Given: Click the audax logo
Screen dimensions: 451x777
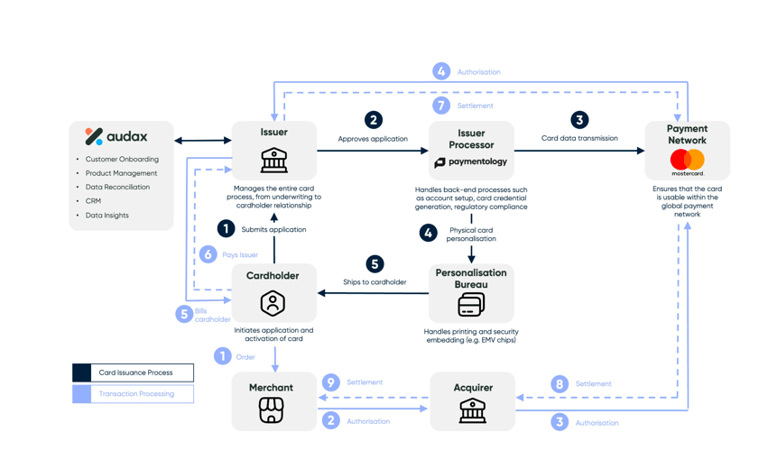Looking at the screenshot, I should [116, 137].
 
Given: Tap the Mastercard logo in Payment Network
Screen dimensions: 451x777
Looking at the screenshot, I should [687, 161].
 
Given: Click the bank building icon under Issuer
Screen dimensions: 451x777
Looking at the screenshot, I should [273, 160].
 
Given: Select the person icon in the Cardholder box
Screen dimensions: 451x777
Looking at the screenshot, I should [273, 303].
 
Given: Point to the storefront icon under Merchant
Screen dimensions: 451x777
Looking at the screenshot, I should [271, 410].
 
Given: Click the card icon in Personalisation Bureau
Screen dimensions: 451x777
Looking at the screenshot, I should [471, 306].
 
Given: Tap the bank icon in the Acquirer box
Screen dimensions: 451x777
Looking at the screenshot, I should [472, 410].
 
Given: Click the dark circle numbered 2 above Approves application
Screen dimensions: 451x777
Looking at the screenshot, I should [373, 120].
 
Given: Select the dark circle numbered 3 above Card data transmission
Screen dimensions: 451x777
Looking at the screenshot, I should [579, 120].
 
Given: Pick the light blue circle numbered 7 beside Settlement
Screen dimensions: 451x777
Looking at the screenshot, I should [441, 106].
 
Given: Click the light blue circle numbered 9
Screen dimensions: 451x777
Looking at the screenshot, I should [331, 382].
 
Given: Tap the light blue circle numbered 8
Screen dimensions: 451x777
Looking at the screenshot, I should [560, 384].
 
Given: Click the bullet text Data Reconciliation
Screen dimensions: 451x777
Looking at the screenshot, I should [117, 188].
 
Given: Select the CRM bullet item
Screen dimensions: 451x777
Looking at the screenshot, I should [93, 201].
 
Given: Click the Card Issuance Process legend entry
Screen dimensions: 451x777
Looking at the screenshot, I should [134, 373].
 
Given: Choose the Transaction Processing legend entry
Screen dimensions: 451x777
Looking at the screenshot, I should [134, 394].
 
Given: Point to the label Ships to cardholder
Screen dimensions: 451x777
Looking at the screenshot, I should [375, 282].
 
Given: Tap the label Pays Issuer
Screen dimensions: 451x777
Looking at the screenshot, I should [240, 255].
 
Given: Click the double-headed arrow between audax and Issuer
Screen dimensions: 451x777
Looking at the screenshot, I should [203, 141].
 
